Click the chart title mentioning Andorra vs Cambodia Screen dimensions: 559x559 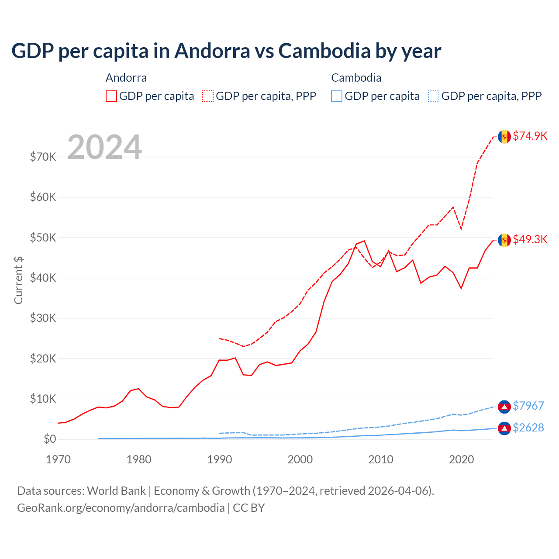226,51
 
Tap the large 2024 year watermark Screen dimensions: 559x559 104,147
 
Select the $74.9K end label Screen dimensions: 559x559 530,136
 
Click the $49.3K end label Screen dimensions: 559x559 530,239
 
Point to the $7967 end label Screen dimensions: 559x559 528,406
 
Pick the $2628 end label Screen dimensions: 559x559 528,428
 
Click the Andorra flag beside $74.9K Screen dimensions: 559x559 504,137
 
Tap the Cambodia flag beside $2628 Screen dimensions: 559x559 504,428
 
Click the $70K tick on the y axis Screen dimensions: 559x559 43,157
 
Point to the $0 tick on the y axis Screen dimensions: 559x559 50,439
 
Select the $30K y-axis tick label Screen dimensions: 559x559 43,318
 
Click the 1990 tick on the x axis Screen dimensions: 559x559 220,459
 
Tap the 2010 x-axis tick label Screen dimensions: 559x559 381,459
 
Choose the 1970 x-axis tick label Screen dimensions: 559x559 59,459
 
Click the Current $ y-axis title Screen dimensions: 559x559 18,280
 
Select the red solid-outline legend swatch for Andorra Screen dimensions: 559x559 111,96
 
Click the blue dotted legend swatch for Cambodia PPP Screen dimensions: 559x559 434,96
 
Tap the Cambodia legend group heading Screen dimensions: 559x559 356,78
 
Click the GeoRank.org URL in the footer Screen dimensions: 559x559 121,508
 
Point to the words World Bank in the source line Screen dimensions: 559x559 117,491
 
